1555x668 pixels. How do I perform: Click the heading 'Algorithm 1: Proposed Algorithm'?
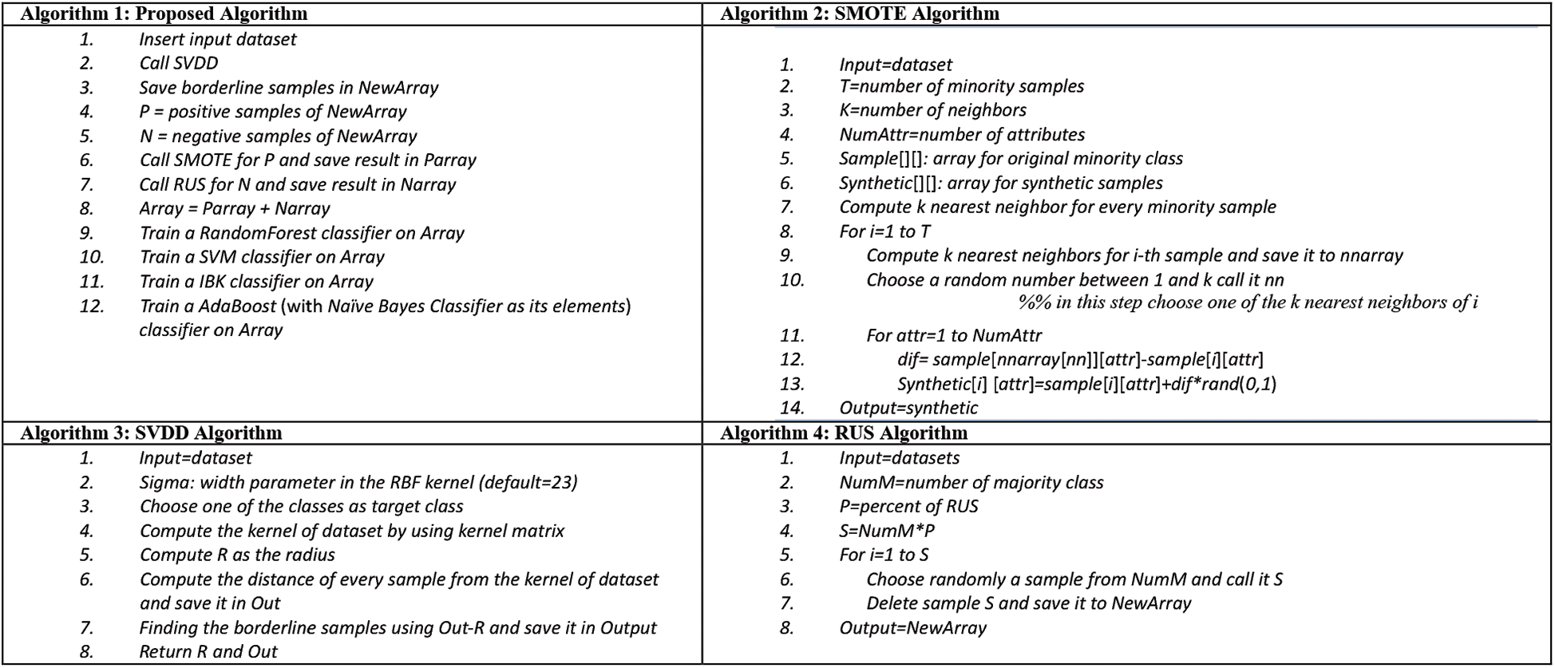pos(164,14)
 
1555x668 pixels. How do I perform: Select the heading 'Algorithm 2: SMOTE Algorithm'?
pos(860,14)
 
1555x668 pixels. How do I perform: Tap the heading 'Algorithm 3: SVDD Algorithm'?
pos(151,433)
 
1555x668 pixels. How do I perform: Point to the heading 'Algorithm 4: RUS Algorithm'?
pos(844,433)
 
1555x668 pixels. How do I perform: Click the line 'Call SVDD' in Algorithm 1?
pos(179,63)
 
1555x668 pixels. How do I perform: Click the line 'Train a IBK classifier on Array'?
pos(256,282)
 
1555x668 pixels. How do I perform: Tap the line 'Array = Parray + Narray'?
pos(235,209)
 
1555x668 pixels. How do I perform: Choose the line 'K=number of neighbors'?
pos(932,110)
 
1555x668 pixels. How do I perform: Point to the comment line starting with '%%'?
pos(1248,302)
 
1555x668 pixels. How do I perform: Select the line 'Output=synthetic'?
pos(908,408)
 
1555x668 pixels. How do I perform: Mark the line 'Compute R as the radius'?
pos(237,555)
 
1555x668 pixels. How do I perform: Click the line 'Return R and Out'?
pos(208,652)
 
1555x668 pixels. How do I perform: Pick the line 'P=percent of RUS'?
pos(908,507)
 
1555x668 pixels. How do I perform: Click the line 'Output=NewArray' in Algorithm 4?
pos(912,628)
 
